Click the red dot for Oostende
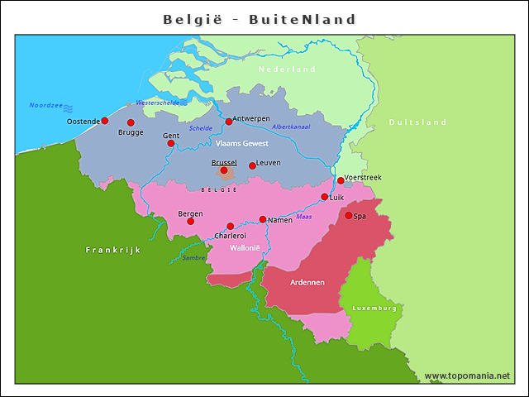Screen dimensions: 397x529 tap(105, 121)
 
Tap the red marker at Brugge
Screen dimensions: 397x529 tap(131, 122)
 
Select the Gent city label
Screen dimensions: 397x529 tap(171, 136)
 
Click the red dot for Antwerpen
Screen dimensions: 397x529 tap(229, 122)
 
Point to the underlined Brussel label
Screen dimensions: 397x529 tap(223, 163)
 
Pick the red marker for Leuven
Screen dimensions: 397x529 tap(252, 165)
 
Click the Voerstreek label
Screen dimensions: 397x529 tap(363, 178)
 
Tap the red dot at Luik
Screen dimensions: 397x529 tap(325, 197)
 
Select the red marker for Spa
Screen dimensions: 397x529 tap(348, 215)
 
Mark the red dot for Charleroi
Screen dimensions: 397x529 tap(231, 226)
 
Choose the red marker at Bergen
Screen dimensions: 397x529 tap(191, 221)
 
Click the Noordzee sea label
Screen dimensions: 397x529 tap(45, 105)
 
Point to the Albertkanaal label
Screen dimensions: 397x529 tap(291, 127)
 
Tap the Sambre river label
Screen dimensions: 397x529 tap(193, 257)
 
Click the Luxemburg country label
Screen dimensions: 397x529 tap(374, 308)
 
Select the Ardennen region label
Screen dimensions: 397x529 tap(307, 282)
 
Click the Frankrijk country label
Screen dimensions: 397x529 tap(113, 249)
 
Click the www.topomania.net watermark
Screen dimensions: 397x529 tap(467, 375)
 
